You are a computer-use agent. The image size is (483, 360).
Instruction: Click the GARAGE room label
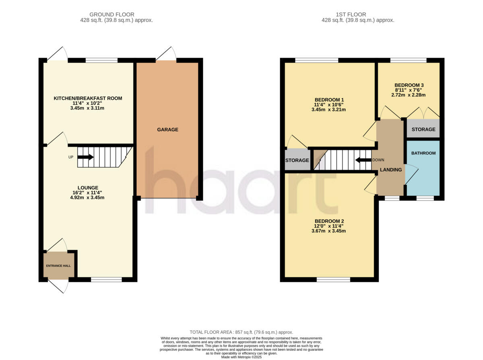(167, 130)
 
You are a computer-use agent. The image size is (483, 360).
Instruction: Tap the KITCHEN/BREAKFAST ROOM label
(88, 98)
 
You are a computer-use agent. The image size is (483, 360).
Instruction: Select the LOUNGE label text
(88, 187)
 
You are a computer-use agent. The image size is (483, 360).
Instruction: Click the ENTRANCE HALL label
(59, 266)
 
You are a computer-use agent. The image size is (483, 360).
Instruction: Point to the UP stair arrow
(85, 157)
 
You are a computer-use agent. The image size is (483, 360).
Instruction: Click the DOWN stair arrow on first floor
(363, 160)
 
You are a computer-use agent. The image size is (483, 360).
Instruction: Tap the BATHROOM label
(423, 153)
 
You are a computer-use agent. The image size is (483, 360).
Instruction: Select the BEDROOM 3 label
(409, 85)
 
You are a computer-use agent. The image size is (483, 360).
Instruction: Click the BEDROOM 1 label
(329, 99)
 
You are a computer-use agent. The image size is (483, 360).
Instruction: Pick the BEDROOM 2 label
(329, 221)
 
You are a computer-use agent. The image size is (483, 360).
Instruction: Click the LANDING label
(391, 170)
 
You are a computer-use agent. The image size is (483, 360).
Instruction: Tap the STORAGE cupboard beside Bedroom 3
(423, 129)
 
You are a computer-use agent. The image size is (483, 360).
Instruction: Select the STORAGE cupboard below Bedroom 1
(297, 160)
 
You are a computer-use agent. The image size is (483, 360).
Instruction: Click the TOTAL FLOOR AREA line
(241, 332)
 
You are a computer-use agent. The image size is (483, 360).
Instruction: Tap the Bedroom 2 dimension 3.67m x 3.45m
(329, 231)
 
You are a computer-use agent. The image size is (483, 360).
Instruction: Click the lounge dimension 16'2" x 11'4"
(88, 192)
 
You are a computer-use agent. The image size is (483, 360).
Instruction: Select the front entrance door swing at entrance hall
(58, 286)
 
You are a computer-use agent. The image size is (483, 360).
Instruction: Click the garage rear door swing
(167, 54)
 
